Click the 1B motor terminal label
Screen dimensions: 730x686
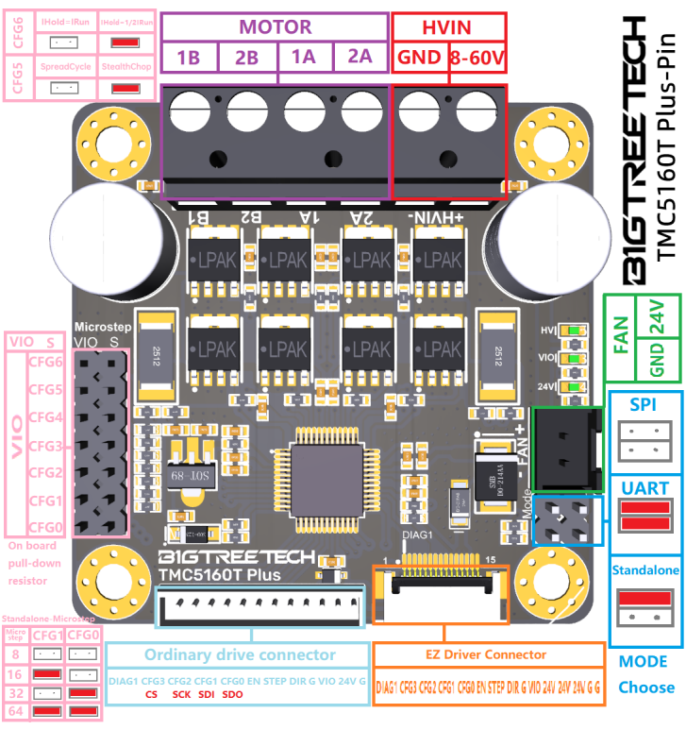(x=188, y=58)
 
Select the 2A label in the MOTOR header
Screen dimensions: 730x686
(x=360, y=57)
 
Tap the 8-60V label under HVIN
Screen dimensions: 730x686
(x=477, y=58)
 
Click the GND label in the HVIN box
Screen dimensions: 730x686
(x=418, y=58)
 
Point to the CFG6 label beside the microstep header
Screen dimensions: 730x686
(x=44, y=362)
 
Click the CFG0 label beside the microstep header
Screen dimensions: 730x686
(x=44, y=527)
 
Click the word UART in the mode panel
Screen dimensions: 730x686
(x=645, y=488)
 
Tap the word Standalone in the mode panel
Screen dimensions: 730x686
(x=645, y=571)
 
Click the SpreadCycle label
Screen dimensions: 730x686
(x=65, y=67)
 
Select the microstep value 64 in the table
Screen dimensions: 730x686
(x=16, y=711)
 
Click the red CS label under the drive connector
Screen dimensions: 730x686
(x=151, y=694)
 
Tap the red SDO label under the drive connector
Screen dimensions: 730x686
(x=233, y=694)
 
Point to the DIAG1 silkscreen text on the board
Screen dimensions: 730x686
(x=418, y=535)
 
